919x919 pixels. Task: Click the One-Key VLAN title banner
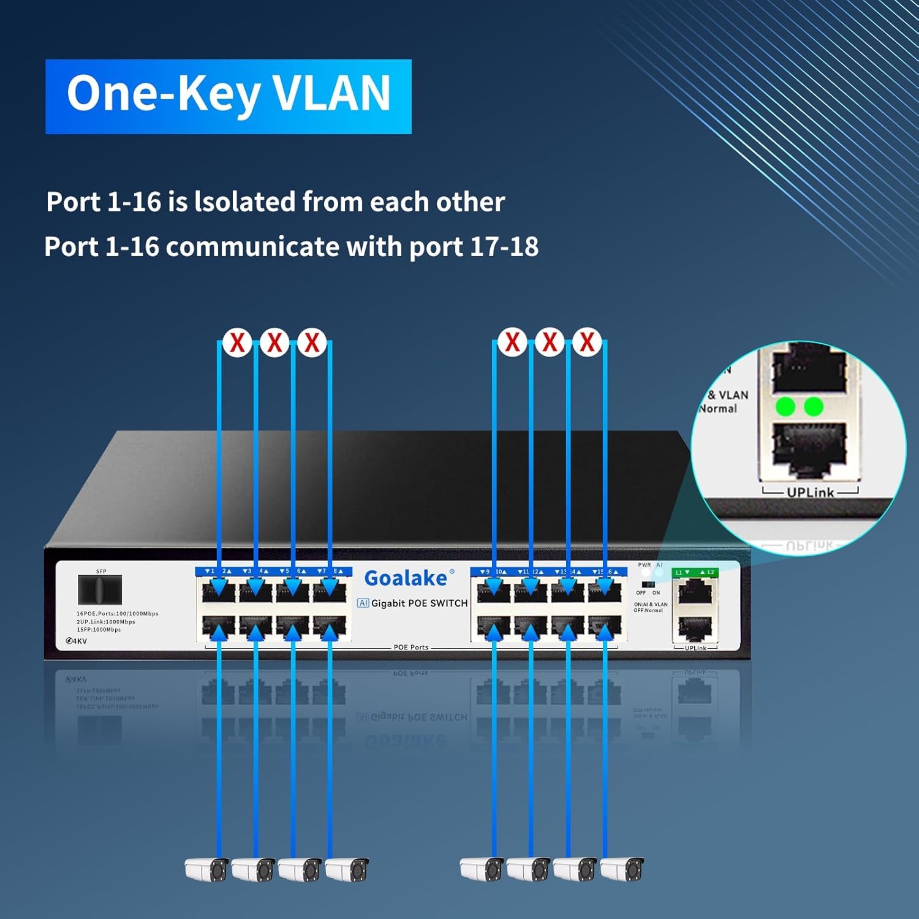pyautogui.click(x=228, y=96)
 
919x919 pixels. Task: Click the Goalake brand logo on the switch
pyautogui.click(x=406, y=578)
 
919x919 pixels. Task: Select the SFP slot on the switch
pyautogui.click(x=100, y=589)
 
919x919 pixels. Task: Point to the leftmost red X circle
pyautogui.click(x=237, y=342)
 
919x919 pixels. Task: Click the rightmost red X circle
pyautogui.click(x=587, y=342)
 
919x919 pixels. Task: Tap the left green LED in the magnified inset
pyautogui.click(x=785, y=406)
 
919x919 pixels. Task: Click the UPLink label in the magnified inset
pyautogui.click(x=810, y=493)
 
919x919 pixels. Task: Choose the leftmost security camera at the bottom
pyautogui.click(x=207, y=869)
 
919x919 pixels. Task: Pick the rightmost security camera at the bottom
pyautogui.click(x=622, y=869)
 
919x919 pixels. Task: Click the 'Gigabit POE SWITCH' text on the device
pyautogui.click(x=419, y=603)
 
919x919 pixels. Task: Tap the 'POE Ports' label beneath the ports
pyautogui.click(x=410, y=647)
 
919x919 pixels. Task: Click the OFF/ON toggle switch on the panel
pyautogui.click(x=648, y=584)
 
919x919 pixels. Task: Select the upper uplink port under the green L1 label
pyautogui.click(x=694, y=592)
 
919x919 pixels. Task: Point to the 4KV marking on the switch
pyautogui.click(x=77, y=641)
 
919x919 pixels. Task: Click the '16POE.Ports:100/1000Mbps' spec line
pyautogui.click(x=117, y=613)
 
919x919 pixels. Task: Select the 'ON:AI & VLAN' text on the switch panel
pyautogui.click(x=651, y=604)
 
